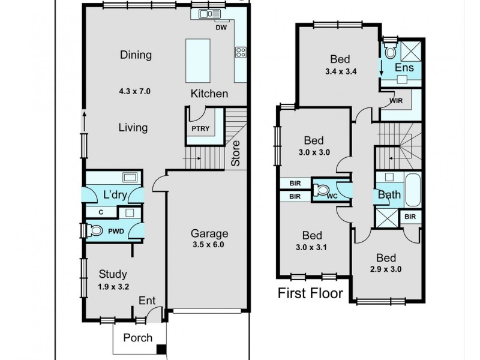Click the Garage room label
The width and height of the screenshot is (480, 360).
point(209,233)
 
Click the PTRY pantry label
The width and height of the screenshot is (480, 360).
point(199,129)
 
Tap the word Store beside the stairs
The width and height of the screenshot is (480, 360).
point(236,153)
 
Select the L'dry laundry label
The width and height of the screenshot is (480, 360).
point(113,194)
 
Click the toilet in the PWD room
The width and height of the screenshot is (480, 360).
point(94,230)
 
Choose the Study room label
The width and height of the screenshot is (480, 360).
point(113,274)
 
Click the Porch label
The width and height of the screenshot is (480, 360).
point(137,338)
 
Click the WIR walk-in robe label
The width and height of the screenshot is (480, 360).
point(396,100)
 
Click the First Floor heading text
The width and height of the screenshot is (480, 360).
point(310,293)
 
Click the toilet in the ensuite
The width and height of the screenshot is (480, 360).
point(389,51)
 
